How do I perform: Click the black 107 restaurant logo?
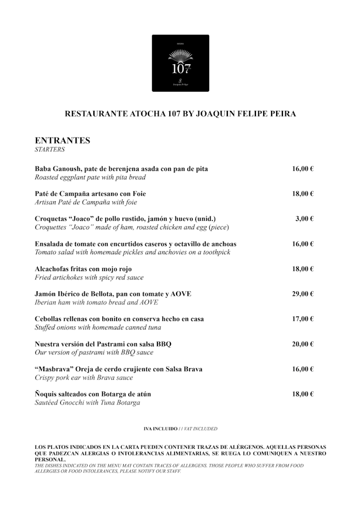click(x=180, y=63)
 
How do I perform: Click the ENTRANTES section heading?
click(x=62, y=140)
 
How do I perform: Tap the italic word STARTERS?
click(x=50, y=150)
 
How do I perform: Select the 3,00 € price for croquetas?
click(x=304, y=219)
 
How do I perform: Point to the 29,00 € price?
click(x=303, y=294)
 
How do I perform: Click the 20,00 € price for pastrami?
click(x=303, y=344)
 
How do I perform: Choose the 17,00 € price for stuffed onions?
click(x=303, y=319)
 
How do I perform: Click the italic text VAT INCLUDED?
click(x=200, y=429)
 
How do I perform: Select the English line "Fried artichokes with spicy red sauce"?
click(x=89, y=277)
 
